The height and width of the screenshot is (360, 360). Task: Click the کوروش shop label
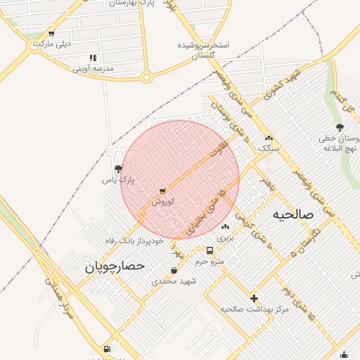pyautogui.click(x=162, y=201)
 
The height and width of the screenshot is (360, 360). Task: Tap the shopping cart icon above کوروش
pyautogui.click(x=162, y=191)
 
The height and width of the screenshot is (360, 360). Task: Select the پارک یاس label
pyautogui.click(x=118, y=180)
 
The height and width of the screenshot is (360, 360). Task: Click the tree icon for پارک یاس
pyautogui.click(x=118, y=169)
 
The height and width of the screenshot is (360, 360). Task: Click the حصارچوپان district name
pyautogui.click(x=115, y=266)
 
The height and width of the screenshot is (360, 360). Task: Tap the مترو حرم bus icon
pyautogui.click(x=210, y=251)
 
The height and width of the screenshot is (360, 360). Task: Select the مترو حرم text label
pyautogui.click(x=210, y=262)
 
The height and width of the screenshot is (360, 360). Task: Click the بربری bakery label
pyautogui.click(x=225, y=238)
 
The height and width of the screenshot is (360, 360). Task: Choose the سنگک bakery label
pyautogui.click(x=269, y=148)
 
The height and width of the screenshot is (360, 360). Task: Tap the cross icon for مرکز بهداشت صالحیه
pyautogui.click(x=254, y=298)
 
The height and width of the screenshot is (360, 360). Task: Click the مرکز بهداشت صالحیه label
pyautogui.click(x=254, y=309)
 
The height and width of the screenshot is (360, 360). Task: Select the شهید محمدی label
pyautogui.click(x=174, y=281)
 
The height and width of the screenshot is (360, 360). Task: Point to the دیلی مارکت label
pyautogui.click(x=51, y=44)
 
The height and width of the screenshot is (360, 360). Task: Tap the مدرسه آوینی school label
pyautogui.click(x=93, y=68)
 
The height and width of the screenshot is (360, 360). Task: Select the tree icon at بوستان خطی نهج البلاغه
pyautogui.click(x=340, y=127)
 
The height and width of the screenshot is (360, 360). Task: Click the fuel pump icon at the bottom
pyautogui.click(x=106, y=349)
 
